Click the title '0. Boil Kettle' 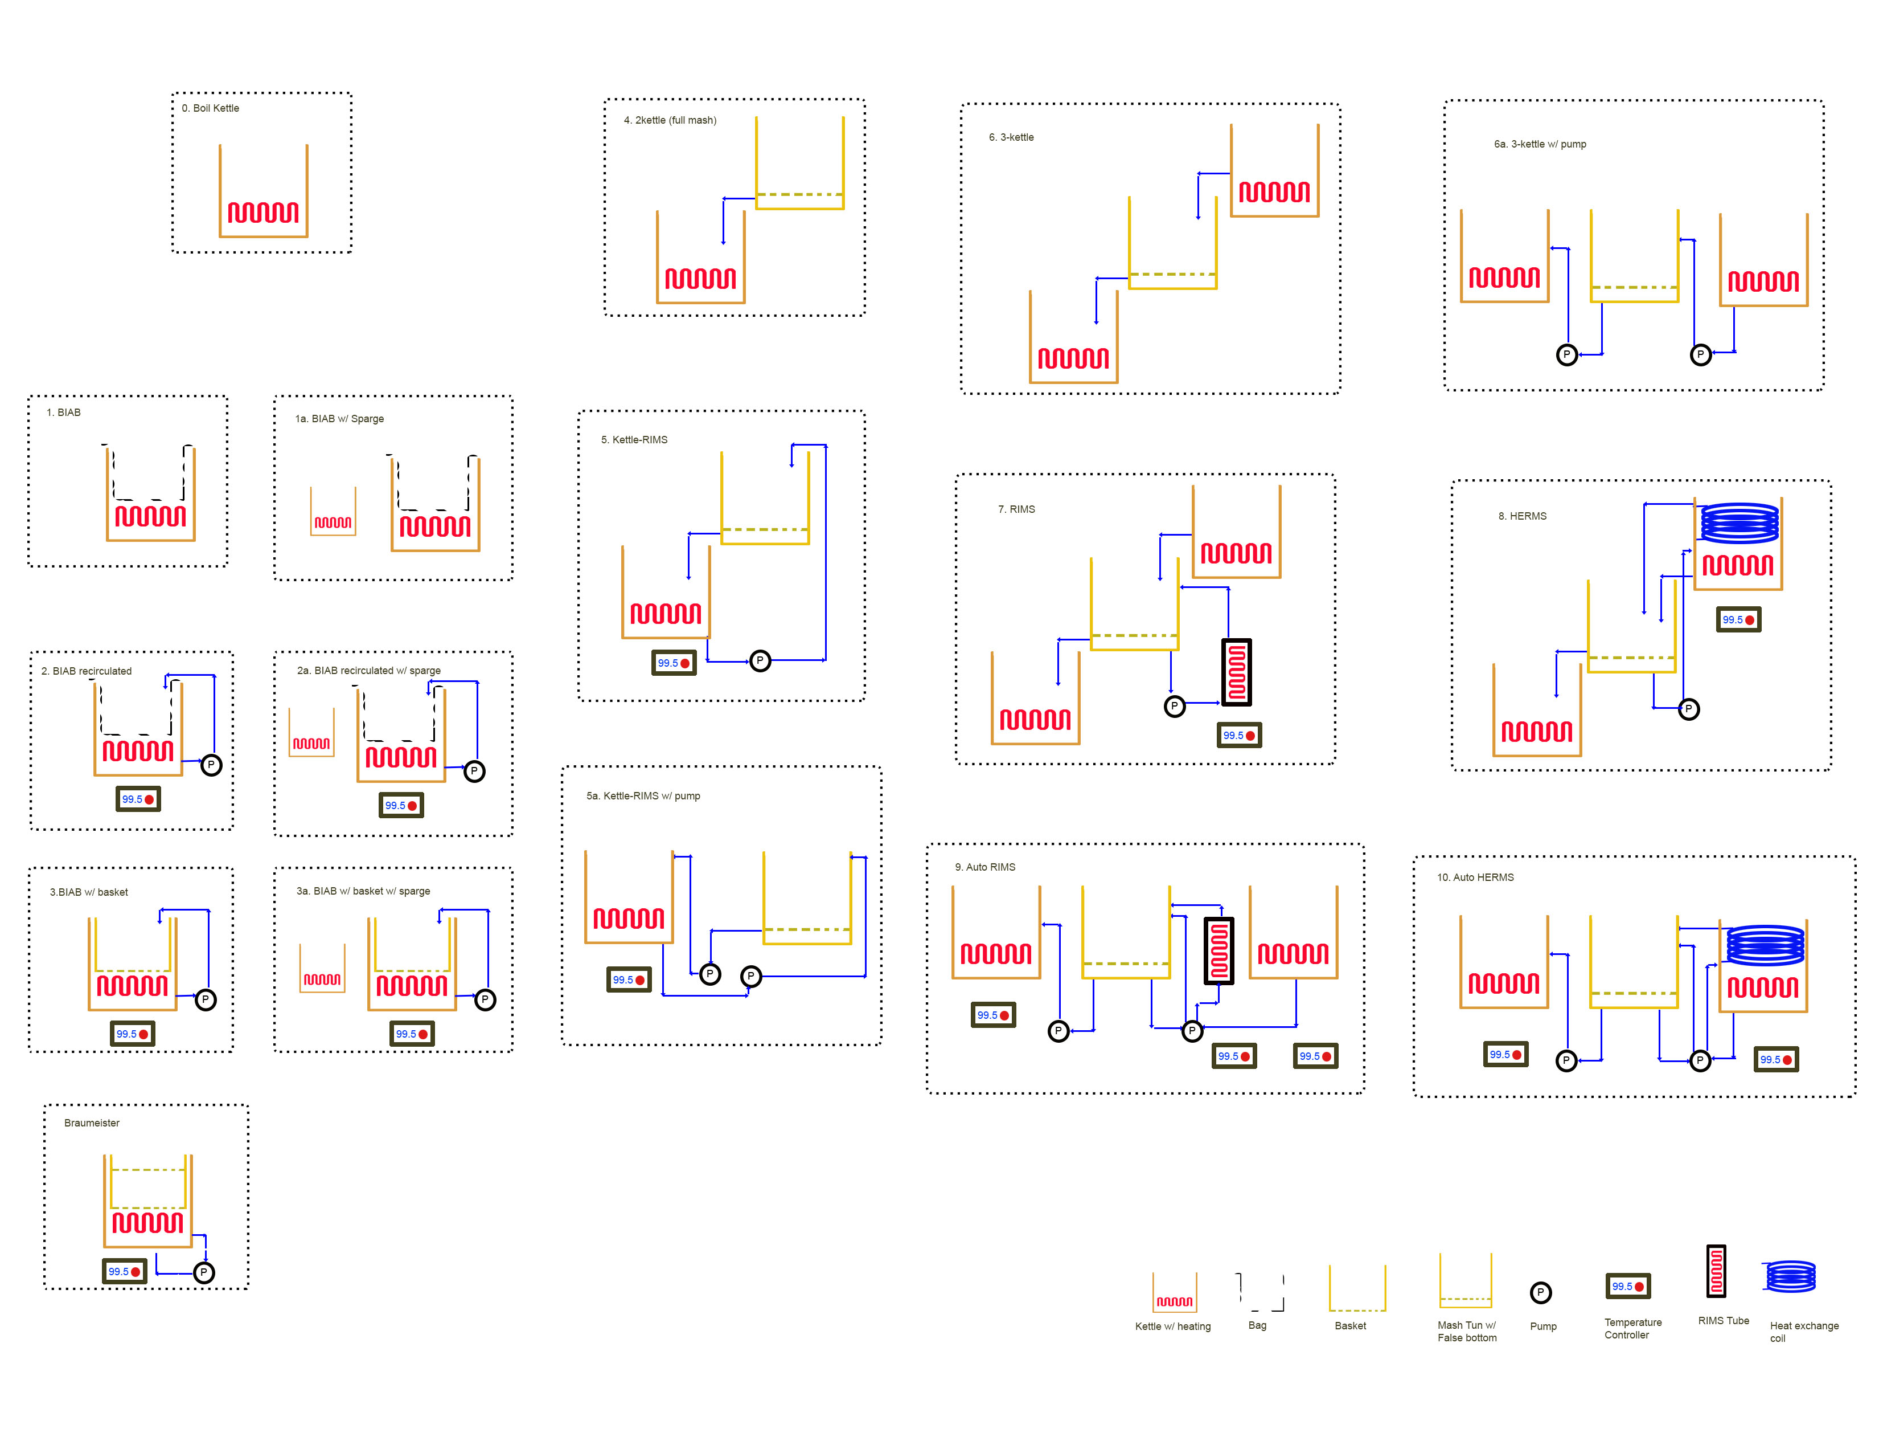pyautogui.click(x=210, y=108)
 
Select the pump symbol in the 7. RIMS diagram pyautogui.click(x=1174, y=707)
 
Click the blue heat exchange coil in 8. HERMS pyautogui.click(x=1739, y=523)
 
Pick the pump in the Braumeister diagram pyautogui.click(x=204, y=1272)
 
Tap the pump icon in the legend pyautogui.click(x=1540, y=1293)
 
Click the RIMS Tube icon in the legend pyautogui.click(x=1716, y=1271)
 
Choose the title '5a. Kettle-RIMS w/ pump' pyautogui.click(x=643, y=796)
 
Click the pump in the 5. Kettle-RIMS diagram pyautogui.click(x=760, y=661)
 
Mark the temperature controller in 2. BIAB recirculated pyautogui.click(x=138, y=799)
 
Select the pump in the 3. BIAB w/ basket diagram pyautogui.click(x=205, y=1000)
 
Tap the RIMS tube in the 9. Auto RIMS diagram pyautogui.click(x=1219, y=950)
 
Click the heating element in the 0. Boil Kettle pyautogui.click(x=263, y=212)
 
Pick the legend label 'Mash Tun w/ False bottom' pyautogui.click(x=1467, y=1332)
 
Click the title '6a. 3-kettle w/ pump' pyautogui.click(x=1540, y=145)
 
